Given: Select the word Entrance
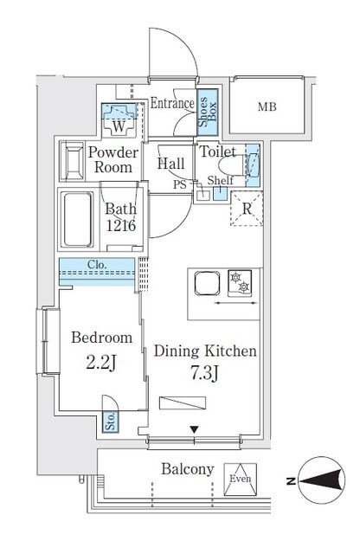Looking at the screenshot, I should tap(171, 103).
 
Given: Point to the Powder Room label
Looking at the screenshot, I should tap(109, 159).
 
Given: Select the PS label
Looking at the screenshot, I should tap(180, 184).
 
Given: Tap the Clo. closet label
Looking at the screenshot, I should tap(97, 265).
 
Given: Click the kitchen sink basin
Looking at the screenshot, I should tap(208, 284).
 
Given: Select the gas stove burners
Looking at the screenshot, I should tap(238, 281).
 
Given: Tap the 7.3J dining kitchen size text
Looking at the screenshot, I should tap(204, 374).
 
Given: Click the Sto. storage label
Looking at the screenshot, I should tap(110, 422).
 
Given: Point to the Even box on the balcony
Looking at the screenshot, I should tap(240, 479).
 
